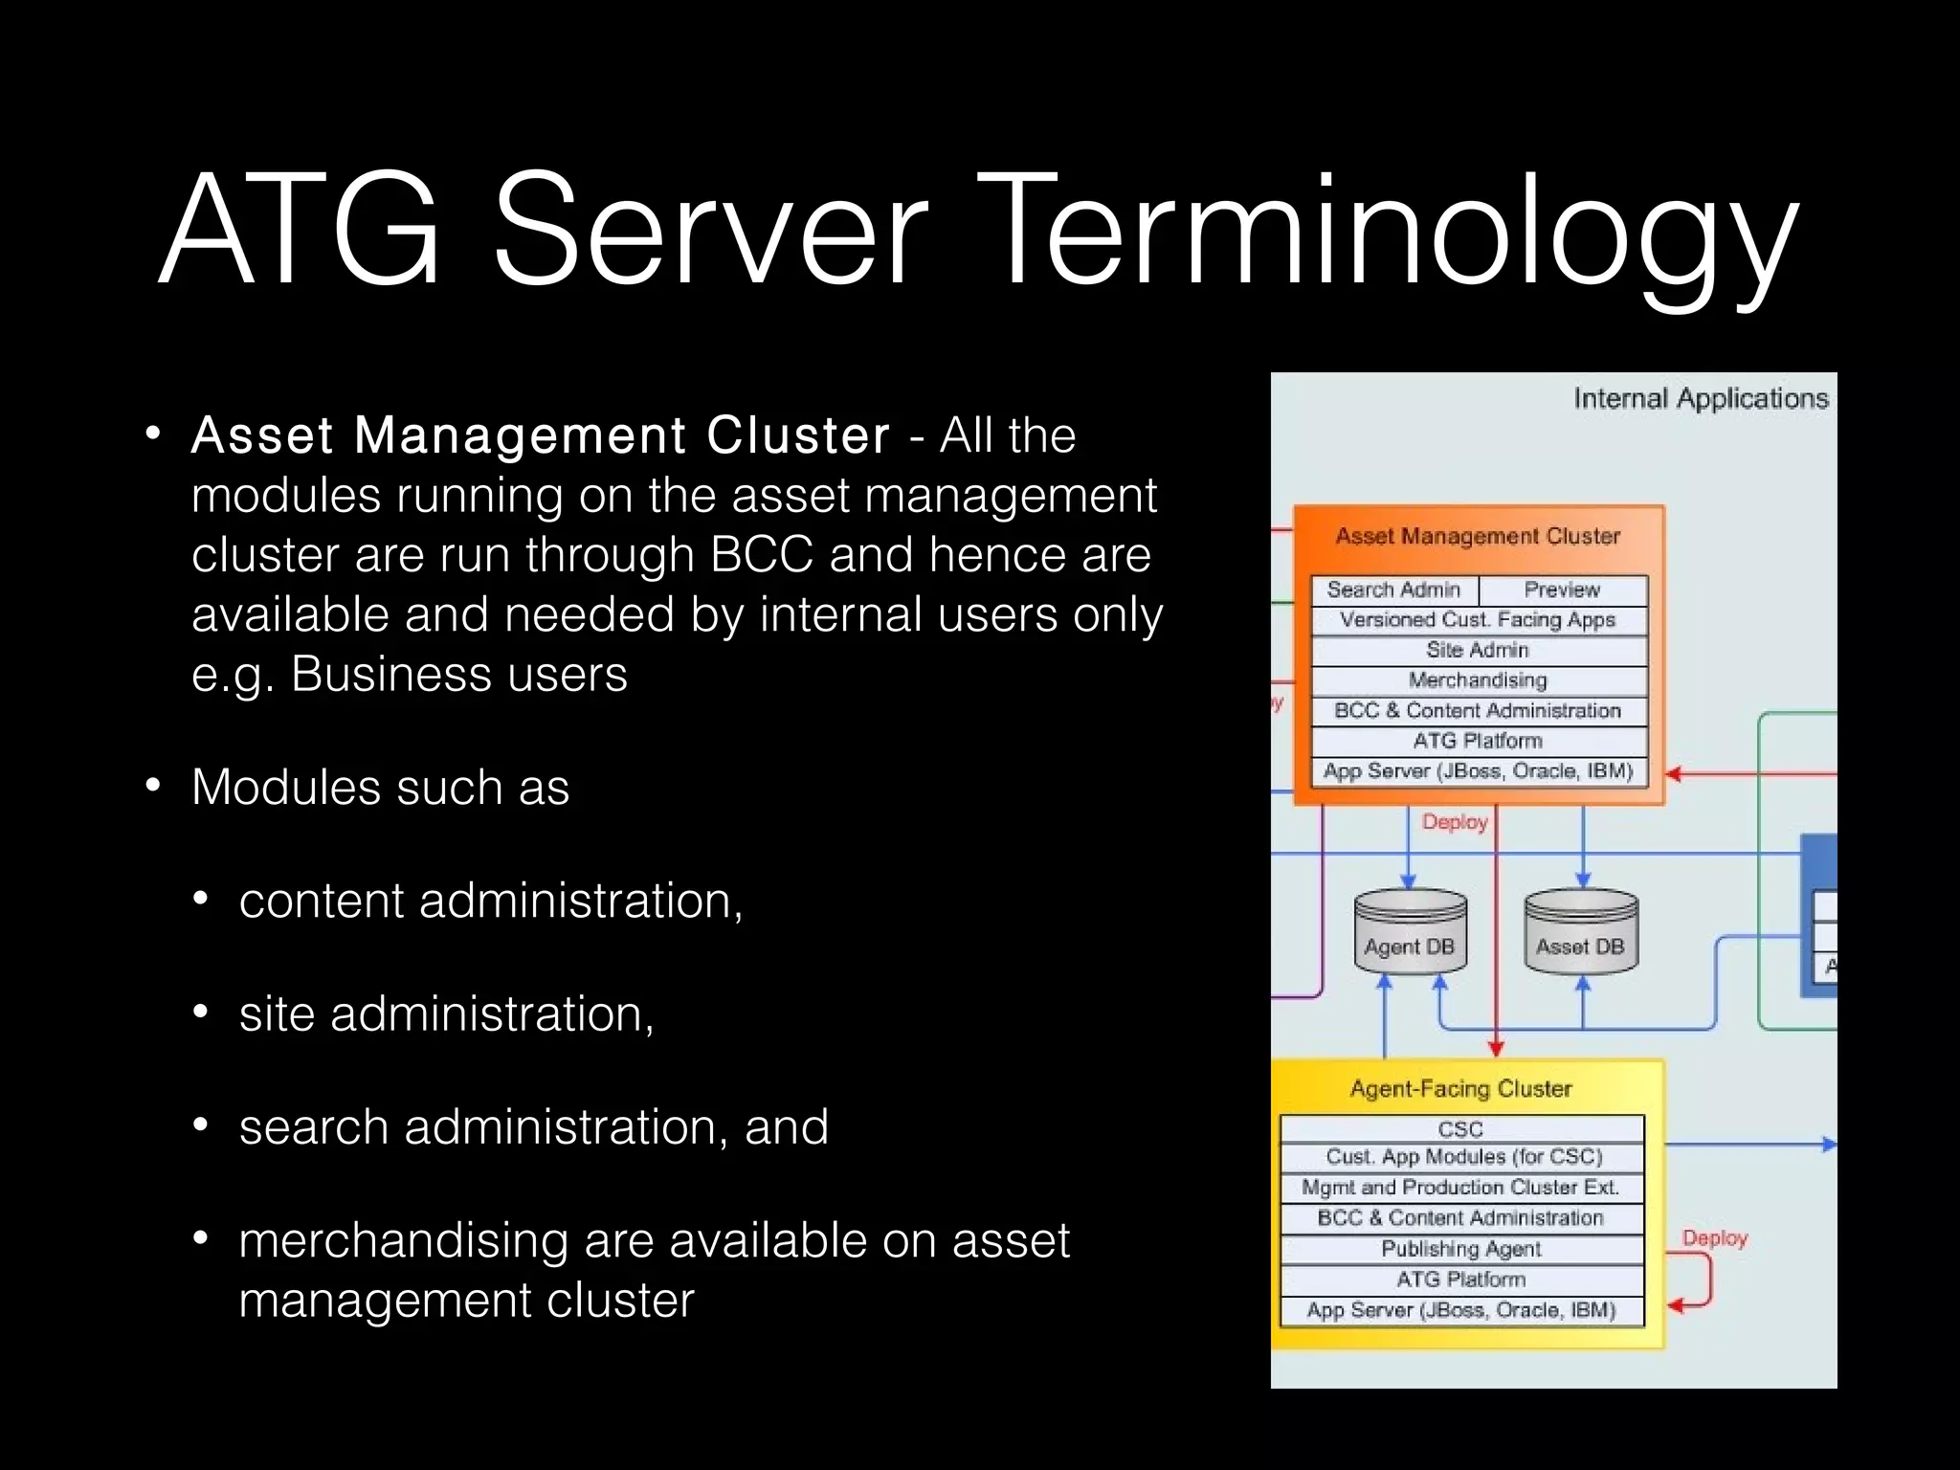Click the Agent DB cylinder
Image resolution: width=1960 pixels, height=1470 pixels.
[1410, 933]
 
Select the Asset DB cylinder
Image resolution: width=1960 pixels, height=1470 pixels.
[1580, 933]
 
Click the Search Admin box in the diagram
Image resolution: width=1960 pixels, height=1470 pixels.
[1393, 590]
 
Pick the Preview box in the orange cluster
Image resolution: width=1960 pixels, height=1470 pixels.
[1562, 590]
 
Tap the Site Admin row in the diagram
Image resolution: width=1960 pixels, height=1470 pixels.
[1478, 650]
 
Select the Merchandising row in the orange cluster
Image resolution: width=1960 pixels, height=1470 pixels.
[1478, 680]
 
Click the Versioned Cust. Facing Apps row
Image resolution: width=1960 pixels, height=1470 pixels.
[1478, 620]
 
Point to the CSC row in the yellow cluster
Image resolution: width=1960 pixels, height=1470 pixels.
[1460, 1129]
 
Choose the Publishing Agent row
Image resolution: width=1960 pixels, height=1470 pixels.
[1460, 1249]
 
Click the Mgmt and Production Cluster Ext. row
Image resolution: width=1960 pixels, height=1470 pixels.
[1460, 1188]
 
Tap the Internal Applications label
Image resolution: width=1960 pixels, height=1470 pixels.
[1701, 398]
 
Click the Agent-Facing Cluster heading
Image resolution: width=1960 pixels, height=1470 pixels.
[1460, 1089]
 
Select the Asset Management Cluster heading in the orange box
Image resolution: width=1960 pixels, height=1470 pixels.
[1478, 536]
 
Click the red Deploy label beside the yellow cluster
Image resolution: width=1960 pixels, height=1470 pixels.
[1715, 1238]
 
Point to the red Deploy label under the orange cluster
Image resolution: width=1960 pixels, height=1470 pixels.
[1455, 822]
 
